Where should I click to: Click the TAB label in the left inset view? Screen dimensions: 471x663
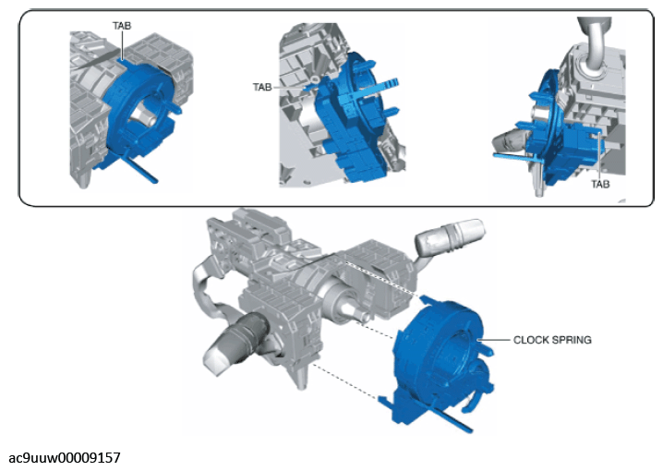(x=121, y=26)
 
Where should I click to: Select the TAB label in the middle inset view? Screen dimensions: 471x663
(x=261, y=87)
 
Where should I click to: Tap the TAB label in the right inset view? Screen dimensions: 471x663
(x=600, y=184)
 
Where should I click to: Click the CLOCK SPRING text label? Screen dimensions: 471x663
(x=552, y=340)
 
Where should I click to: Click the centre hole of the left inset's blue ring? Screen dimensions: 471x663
(x=146, y=118)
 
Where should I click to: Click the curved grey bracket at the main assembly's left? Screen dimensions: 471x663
(x=208, y=277)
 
